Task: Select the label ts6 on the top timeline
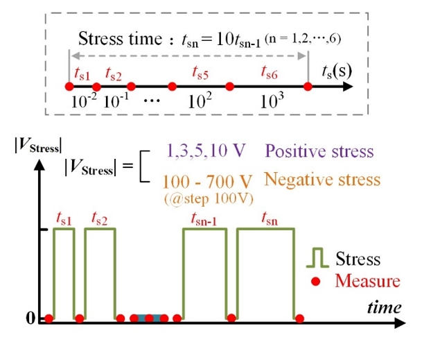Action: [x=269, y=72]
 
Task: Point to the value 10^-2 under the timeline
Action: [x=84, y=101]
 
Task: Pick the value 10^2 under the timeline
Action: [x=201, y=101]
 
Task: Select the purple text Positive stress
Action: [x=319, y=151]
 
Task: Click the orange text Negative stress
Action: [x=322, y=180]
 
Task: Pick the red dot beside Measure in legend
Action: [x=317, y=281]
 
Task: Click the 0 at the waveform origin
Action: [x=30, y=318]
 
